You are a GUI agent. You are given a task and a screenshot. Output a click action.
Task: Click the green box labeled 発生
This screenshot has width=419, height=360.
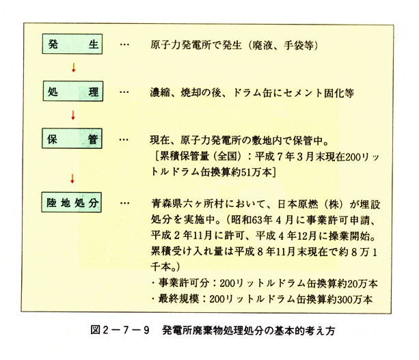tap(72, 44)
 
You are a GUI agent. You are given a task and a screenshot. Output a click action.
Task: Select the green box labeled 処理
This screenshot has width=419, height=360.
tap(73, 92)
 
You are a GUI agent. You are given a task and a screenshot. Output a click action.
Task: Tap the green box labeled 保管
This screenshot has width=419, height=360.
tap(72, 139)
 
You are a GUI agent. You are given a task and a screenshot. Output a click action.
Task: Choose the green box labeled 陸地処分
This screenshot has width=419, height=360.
tap(71, 202)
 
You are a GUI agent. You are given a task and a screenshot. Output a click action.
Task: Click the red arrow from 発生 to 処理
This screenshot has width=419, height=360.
tap(74, 68)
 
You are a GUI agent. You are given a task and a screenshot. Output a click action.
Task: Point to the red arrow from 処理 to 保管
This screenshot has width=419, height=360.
tap(73, 115)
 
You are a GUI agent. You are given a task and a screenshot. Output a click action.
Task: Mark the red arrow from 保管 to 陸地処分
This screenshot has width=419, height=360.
tap(72, 178)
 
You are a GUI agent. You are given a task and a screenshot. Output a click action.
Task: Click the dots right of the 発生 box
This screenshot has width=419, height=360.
tap(124, 44)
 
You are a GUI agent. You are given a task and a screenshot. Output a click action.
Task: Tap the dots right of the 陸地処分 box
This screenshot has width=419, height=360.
tap(124, 204)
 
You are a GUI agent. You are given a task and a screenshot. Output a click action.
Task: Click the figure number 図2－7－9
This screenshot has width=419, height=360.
tap(120, 330)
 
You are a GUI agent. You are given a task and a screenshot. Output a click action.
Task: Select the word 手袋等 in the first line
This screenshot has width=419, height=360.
tap(299, 45)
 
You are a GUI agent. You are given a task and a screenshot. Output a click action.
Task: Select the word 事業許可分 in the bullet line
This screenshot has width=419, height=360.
tap(184, 283)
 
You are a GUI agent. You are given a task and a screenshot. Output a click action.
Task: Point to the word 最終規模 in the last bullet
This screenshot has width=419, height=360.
tap(178, 299)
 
